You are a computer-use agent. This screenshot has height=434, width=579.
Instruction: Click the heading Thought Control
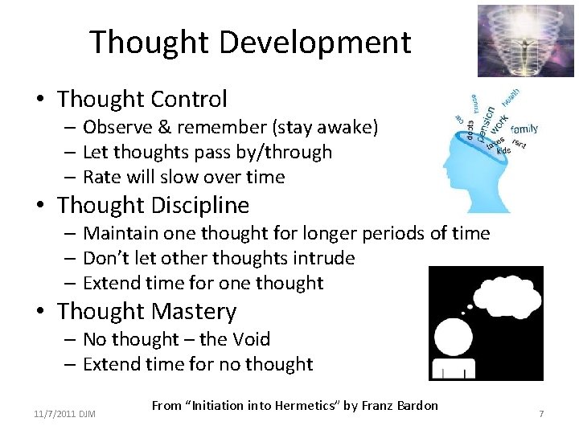[142, 100]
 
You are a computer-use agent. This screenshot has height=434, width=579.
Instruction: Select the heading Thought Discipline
[153, 206]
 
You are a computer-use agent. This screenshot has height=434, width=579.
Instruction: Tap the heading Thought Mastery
[147, 311]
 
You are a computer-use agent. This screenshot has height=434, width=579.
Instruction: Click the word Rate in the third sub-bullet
[101, 177]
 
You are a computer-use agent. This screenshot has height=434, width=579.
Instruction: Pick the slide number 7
[541, 413]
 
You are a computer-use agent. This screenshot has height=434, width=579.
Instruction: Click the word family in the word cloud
[524, 129]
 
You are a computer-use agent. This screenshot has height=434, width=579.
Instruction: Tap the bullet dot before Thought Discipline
[39, 207]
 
